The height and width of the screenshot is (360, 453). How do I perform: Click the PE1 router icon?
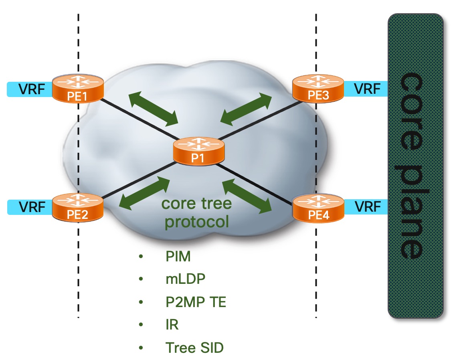pos(78,89)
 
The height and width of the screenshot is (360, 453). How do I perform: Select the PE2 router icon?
pos(78,207)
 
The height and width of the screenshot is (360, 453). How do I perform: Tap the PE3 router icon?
pos(318,89)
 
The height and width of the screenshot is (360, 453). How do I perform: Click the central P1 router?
pos(197,151)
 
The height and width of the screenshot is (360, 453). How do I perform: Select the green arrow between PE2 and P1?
pos(144,193)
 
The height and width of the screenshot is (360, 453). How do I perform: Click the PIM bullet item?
pos(178,257)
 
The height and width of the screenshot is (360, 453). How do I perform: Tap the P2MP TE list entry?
pos(196,302)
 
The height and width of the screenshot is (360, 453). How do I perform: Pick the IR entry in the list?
pos(172,325)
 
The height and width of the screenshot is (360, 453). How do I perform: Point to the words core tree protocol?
pos(196,212)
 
